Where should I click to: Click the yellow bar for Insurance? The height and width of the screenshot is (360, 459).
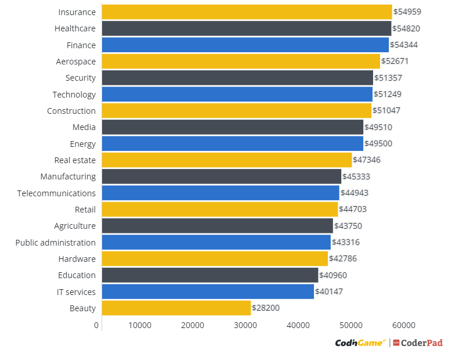click(247, 12)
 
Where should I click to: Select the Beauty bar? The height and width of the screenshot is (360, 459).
click(176, 308)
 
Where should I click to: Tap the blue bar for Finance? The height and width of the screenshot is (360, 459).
click(245, 45)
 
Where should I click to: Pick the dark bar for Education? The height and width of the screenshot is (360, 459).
click(210, 275)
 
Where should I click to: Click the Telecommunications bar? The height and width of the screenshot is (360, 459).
click(221, 193)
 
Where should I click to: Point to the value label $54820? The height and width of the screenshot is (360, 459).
click(407, 28)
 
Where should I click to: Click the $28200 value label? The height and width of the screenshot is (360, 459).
click(266, 308)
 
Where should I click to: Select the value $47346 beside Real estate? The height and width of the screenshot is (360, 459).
click(367, 160)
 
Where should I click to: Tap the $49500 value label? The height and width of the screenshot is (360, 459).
click(378, 143)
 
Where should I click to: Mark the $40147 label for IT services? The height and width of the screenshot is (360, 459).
click(329, 291)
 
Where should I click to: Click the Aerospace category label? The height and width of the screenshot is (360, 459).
click(76, 62)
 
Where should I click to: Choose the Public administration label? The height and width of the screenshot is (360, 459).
click(56, 243)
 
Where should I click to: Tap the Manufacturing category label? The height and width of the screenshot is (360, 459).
click(68, 177)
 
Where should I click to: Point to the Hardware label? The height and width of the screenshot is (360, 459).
click(77, 259)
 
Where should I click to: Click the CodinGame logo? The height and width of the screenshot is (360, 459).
click(360, 343)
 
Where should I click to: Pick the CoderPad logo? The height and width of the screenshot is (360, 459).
click(418, 343)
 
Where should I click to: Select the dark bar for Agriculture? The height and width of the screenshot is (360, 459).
click(218, 226)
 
